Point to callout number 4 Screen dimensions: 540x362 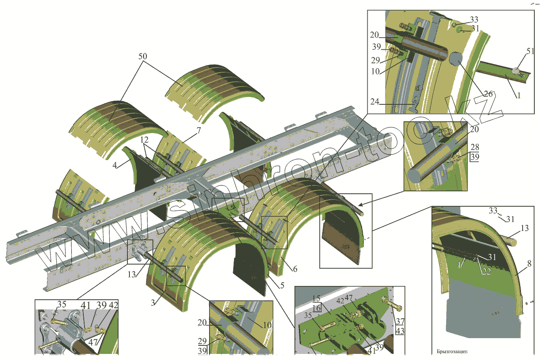tap(116, 165)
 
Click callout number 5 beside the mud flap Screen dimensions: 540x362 tap(294, 269)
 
